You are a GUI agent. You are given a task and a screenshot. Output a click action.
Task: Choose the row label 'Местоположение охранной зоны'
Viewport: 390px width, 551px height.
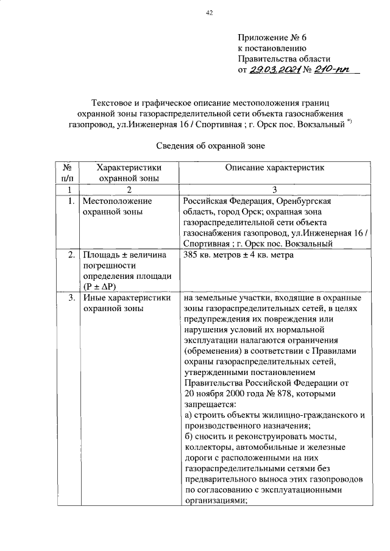pyautogui.click(x=116, y=206)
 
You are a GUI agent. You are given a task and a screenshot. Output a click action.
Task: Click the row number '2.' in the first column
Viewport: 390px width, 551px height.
pyautogui.click(x=71, y=255)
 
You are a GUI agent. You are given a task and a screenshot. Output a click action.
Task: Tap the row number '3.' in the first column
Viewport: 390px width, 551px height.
pyautogui.click(x=71, y=298)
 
